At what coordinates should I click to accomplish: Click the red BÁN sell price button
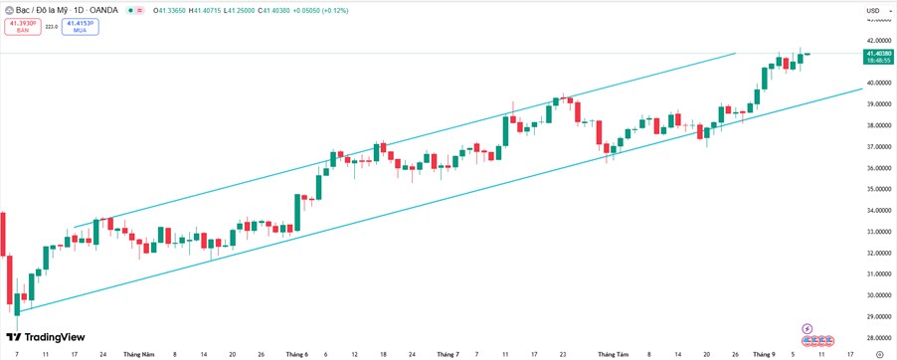[x=22, y=26]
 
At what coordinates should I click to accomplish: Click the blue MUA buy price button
[x=80, y=26]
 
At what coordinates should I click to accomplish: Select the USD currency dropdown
[x=872, y=11]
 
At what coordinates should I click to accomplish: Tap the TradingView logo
[x=46, y=337]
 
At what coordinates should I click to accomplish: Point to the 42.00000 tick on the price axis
[x=878, y=41]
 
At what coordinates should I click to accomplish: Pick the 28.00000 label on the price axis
[x=878, y=338]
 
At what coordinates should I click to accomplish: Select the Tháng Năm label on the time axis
[x=139, y=354]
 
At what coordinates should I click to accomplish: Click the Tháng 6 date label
[x=296, y=354]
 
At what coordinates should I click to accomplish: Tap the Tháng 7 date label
[x=448, y=354]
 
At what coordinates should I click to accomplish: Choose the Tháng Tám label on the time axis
[x=616, y=354]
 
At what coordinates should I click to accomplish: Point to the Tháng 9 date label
[x=764, y=354]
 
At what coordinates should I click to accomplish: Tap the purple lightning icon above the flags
[x=807, y=328]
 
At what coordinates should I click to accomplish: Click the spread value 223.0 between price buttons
[x=51, y=27]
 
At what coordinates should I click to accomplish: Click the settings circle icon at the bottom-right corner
[x=878, y=354]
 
